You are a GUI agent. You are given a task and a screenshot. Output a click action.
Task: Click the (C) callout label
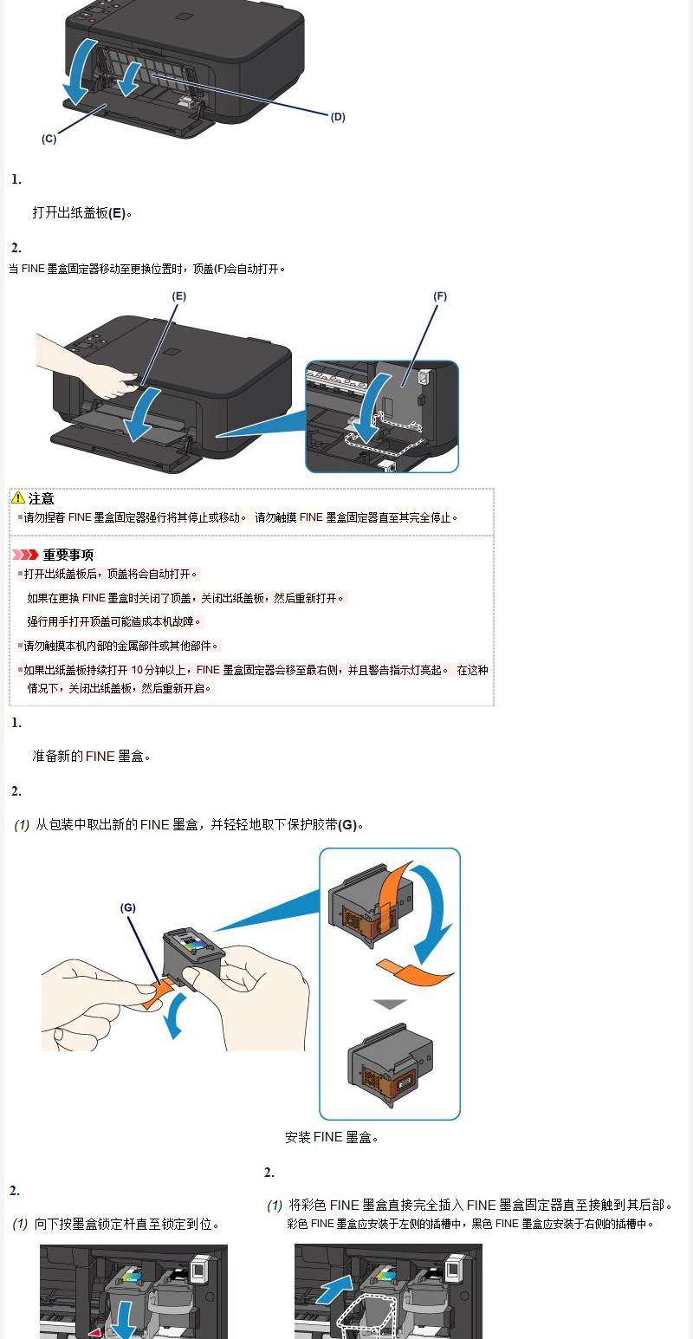click(x=49, y=139)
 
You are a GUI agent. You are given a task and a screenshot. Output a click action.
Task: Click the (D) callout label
click(x=338, y=117)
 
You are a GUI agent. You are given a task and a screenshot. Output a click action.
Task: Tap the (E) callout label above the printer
click(x=179, y=296)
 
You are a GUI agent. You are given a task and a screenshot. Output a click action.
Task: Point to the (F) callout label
click(x=440, y=296)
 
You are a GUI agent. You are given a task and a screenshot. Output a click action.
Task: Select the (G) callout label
click(x=128, y=907)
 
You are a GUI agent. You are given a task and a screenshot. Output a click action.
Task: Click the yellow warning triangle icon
click(x=18, y=497)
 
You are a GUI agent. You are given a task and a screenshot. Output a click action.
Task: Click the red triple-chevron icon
click(x=25, y=555)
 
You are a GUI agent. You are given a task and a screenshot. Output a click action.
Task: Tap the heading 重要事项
click(x=68, y=555)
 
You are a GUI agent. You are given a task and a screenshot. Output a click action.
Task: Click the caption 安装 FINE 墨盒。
click(x=332, y=1137)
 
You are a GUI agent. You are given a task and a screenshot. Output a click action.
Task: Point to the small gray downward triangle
click(x=390, y=1004)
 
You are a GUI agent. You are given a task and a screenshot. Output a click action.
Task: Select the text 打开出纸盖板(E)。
click(x=81, y=213)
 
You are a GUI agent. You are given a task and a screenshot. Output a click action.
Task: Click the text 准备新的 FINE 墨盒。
click(x=92, y=757)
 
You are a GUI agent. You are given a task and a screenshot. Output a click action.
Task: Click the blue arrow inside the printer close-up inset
click(x=371, y=406)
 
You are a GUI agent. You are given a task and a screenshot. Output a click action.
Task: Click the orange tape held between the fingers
click(x=157, y=993)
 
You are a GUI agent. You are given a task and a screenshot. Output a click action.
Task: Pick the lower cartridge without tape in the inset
click(x=390, y=1063)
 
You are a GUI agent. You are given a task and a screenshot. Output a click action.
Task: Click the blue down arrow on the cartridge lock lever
click(x=125, y=1320)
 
